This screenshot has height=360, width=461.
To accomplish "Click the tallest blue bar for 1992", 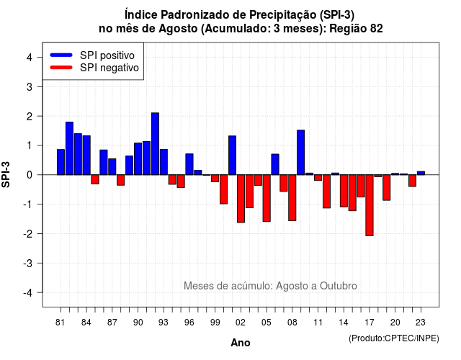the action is [x=156, y=144].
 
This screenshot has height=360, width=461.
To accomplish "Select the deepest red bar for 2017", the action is [x=370, y=205].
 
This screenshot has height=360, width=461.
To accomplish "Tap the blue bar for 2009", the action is [x=301, y=152].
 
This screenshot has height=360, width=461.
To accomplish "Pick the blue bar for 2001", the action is [x=232, y=156].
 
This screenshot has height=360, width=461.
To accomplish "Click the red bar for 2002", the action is [x=241, y=199].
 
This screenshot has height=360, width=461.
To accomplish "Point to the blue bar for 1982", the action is [x=69, y=148].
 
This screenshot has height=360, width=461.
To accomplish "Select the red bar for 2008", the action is [x=292, y=197].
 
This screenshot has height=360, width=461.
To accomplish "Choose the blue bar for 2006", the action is [x=275, y=164].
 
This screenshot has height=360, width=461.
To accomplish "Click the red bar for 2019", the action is [x=387, y=187].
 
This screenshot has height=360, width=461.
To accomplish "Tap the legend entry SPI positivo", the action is [x=107, y=55].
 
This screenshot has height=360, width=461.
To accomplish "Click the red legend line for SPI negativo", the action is [x=61, y=68].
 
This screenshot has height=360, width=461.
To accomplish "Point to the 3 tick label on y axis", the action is [x=30, y=86].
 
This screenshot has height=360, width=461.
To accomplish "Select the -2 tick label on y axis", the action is [x=28, y=233].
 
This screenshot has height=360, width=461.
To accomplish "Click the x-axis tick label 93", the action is [x=164, y=323].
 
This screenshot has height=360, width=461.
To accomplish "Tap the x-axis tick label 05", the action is [x=267, y=323].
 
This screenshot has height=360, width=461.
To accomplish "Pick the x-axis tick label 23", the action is [x=421, y=323].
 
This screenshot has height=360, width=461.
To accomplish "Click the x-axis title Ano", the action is [x=241, y=343].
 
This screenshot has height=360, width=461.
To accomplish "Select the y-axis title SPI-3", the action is [x=6, y=174].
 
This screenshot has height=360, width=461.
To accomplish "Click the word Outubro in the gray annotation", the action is [x=339, y=286].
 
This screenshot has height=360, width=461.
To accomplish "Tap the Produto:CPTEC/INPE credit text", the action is [x=394, y=338].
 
